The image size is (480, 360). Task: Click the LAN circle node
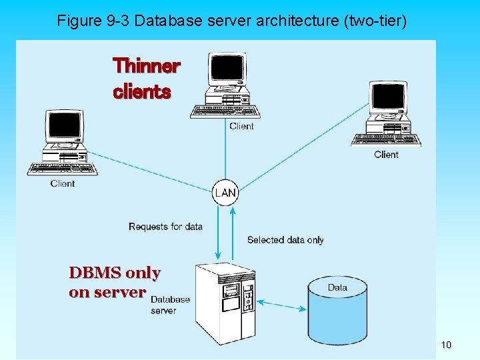225,193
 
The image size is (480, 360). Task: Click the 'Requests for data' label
165,227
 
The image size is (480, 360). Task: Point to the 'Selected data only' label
285,240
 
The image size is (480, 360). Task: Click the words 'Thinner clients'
147,79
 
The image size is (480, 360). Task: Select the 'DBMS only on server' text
115,283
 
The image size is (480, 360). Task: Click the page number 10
446,345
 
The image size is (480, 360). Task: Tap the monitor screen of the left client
63,126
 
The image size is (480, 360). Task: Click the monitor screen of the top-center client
227,69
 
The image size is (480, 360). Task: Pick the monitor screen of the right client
389,97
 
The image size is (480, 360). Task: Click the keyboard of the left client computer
62,168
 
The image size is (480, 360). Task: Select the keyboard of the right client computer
386,140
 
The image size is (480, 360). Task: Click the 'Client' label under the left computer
63,183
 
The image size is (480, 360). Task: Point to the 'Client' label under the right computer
386,155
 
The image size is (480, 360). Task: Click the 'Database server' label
170,305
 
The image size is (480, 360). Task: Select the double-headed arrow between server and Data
281,304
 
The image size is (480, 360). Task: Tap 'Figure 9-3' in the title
93,21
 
